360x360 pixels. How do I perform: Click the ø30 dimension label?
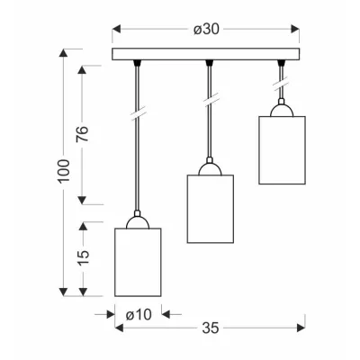tap(206, 30)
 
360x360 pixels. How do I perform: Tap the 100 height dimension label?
tap(64, 171)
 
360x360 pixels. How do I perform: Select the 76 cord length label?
tap(83, 134)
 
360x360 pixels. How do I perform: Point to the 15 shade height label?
tap(84, 257)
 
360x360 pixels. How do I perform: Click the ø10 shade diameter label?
tap(139, 315)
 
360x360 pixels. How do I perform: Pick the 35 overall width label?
tap(211, 328)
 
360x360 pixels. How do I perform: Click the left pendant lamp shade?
tap(138, 262)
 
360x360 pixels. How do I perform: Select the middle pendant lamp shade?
tap(211, 209)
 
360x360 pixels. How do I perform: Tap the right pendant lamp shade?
tap(282, 150)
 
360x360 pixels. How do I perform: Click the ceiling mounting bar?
tap(206, 54)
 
